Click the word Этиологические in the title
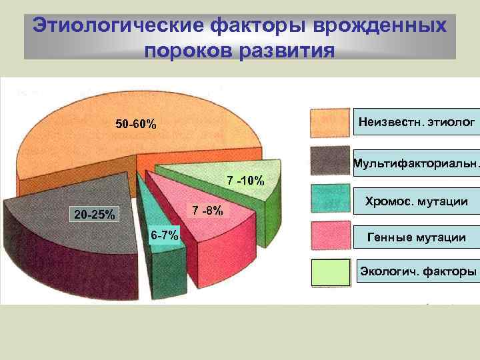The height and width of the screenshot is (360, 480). pos(117,27)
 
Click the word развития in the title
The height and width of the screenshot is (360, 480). pos(288,50)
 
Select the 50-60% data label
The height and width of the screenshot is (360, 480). pos(136,125)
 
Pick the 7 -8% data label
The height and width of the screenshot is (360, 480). pos(207,211)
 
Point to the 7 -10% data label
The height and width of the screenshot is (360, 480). pos(246,181)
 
